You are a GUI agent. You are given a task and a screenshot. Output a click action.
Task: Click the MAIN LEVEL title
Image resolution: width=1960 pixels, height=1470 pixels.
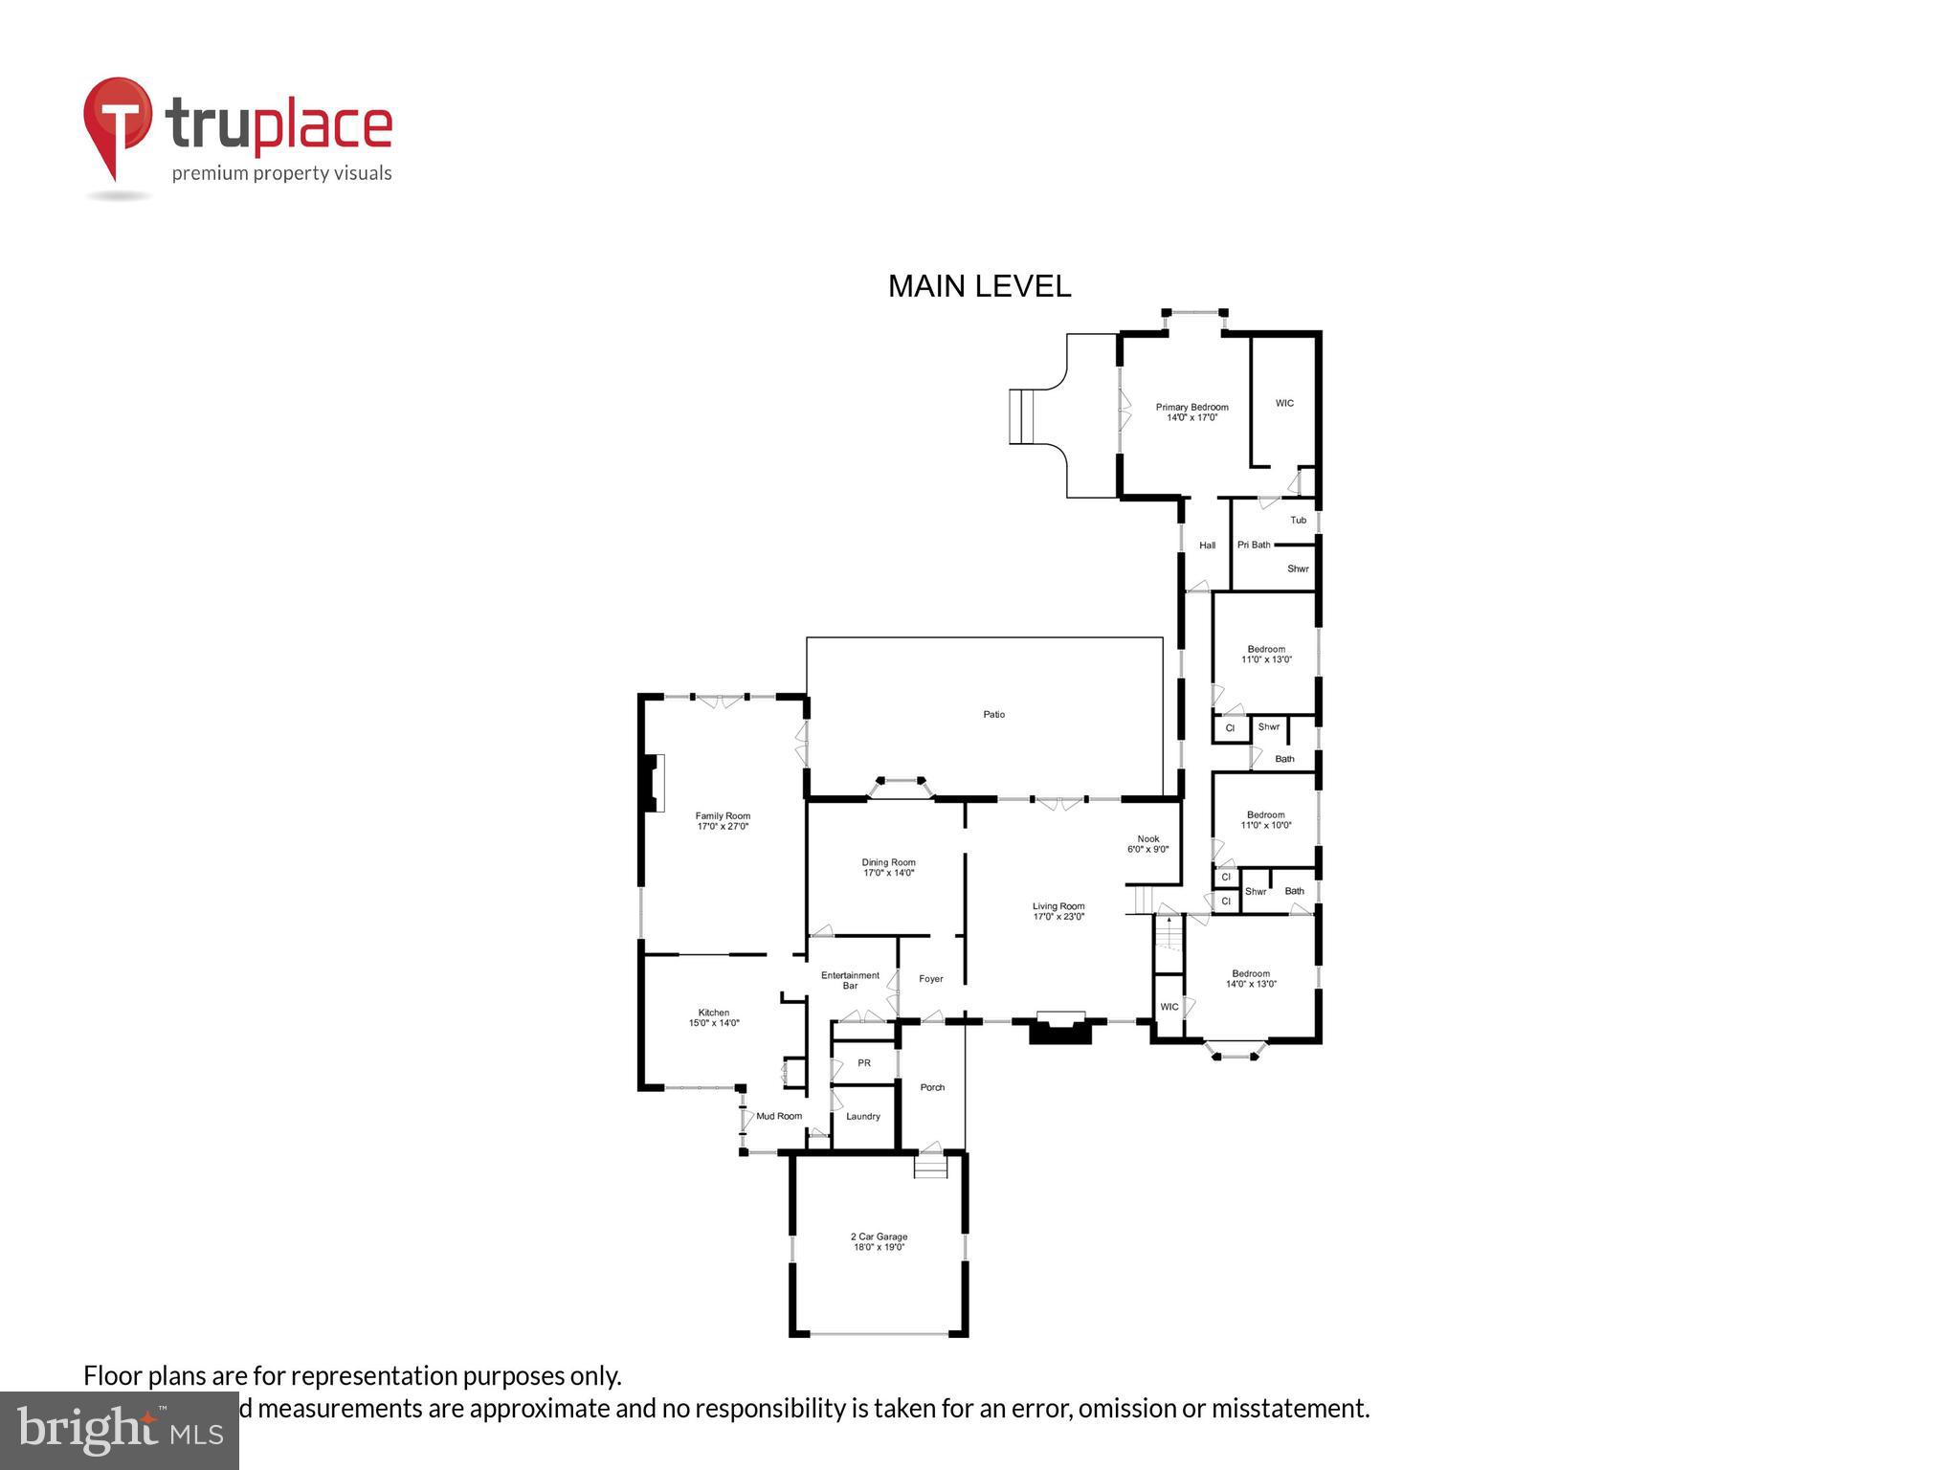979,286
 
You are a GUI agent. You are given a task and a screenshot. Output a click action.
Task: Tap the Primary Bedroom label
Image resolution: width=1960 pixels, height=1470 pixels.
1192,407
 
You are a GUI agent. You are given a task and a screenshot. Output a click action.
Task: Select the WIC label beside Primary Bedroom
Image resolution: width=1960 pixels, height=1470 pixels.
1284,403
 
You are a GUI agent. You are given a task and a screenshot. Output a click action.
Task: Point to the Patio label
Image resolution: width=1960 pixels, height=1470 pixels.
993,714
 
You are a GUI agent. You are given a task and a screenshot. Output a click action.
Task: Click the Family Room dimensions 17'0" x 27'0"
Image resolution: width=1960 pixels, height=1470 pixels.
723,826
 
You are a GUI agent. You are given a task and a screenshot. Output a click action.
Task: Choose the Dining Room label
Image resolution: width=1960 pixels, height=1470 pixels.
888,862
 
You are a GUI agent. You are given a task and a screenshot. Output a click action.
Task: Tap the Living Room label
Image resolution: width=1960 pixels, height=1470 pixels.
1058,905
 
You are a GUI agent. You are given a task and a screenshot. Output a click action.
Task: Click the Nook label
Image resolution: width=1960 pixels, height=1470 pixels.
1147,838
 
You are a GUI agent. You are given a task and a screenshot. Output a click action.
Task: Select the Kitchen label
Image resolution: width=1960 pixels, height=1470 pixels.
713,1013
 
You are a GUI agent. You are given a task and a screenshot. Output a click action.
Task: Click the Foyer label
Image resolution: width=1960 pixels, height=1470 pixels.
930,978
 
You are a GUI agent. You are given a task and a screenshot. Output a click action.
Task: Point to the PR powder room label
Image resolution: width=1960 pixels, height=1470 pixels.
863,1062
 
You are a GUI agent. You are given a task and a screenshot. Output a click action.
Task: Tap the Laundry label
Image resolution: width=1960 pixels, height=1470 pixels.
862,1116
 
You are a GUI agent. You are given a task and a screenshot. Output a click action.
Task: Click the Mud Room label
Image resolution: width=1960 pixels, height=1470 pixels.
779,1116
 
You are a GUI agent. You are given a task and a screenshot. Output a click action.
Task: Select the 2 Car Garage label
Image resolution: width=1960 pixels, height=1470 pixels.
879,1236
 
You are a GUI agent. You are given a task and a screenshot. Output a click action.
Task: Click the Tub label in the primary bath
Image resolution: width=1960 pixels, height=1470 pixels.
1298,520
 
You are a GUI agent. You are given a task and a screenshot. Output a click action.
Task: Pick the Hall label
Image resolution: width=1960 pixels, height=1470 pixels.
1207,545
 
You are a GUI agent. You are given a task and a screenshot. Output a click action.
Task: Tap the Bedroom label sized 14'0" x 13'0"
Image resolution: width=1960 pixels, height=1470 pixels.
1250,973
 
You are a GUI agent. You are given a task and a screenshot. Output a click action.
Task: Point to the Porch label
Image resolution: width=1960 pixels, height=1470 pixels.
931,1087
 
